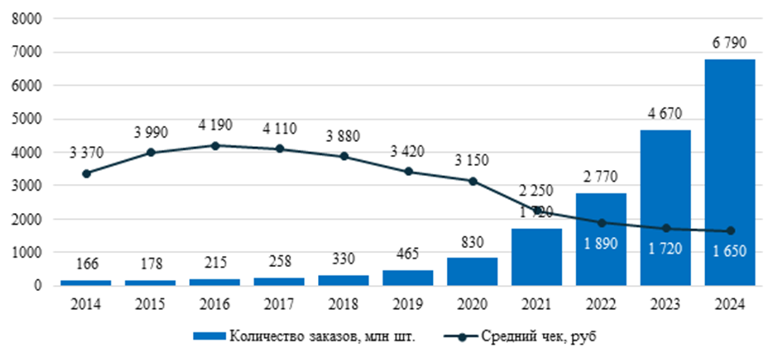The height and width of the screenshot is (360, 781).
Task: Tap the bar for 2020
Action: point(472,272)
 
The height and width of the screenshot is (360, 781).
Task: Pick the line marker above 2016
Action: point(215,145)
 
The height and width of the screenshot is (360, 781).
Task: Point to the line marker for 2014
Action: point(87,173)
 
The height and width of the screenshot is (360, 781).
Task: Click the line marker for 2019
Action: point(408,171)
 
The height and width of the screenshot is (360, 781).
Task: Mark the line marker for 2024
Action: point(730,231)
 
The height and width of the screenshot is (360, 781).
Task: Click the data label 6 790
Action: point(729,43)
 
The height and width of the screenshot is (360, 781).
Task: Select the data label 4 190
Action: point(215,125)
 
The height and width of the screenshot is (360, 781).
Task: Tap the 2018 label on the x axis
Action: point(344,304)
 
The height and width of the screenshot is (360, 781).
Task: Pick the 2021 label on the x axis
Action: point(536,304)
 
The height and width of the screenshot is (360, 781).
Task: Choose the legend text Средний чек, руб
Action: point(539,336)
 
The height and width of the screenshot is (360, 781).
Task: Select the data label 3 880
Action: point(344,135)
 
